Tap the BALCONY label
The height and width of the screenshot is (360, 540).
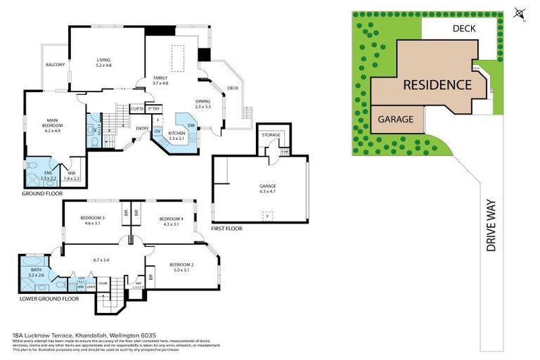[x=55, y=65]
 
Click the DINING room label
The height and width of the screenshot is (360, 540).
[x=202, y=102]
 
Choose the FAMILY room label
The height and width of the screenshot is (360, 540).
[x=162, y=79]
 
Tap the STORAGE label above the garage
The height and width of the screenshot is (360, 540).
[x=271, y=134]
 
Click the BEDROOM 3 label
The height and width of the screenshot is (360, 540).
[x=93, y=219]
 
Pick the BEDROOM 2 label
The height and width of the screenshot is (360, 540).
[x=181, y=264]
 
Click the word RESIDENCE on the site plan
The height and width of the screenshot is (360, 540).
[x=436, y=85]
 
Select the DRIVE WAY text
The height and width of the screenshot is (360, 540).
[x=491, y=225]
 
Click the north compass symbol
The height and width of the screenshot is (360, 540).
[x=519, y=13]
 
